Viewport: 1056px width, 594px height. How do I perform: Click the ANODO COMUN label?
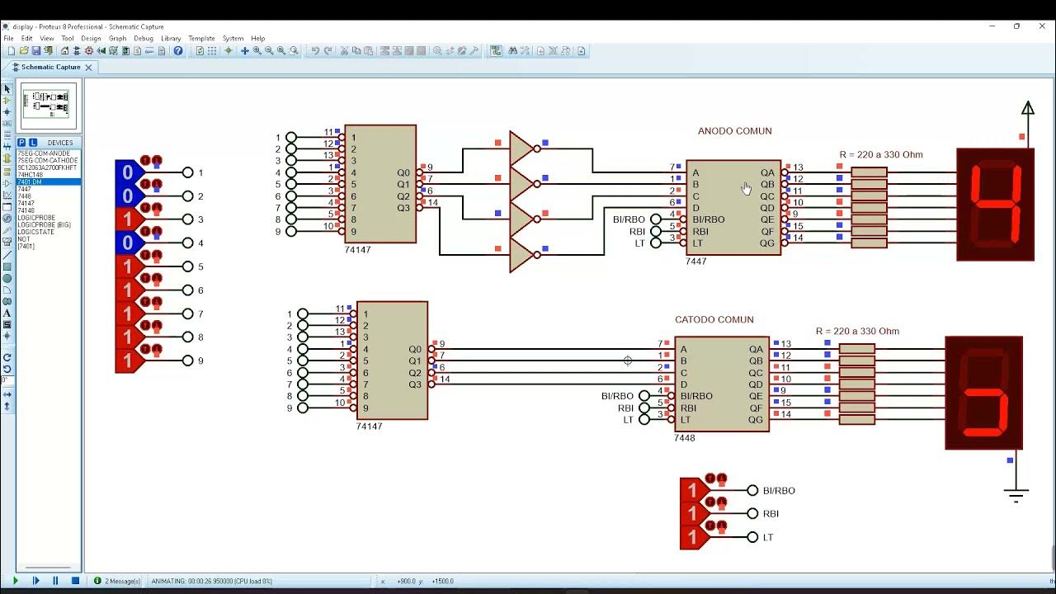point(734,131)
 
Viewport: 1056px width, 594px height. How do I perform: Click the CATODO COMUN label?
point(714,320)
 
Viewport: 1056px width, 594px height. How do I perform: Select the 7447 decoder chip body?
point(733,207)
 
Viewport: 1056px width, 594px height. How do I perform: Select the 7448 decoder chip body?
point(721,384)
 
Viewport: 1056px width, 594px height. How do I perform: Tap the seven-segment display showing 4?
point(995,205)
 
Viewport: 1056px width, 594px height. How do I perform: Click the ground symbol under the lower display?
point(1016,495)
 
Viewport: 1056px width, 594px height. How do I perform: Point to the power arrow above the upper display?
point(1028,109)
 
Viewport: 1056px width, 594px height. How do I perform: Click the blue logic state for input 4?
point(128,243)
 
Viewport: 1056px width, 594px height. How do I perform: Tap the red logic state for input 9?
point(128,361)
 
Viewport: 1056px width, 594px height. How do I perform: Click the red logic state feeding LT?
point(692,537)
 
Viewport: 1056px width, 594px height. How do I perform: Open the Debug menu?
point(144,39)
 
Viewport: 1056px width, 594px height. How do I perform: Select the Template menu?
point(201,39)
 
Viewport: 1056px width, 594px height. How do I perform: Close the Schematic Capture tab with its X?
point(88,68)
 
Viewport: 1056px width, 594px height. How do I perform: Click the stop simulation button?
point(75,581)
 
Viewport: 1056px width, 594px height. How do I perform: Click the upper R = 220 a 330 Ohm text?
point(881,155)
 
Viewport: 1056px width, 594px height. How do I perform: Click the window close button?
point(1041,26)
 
